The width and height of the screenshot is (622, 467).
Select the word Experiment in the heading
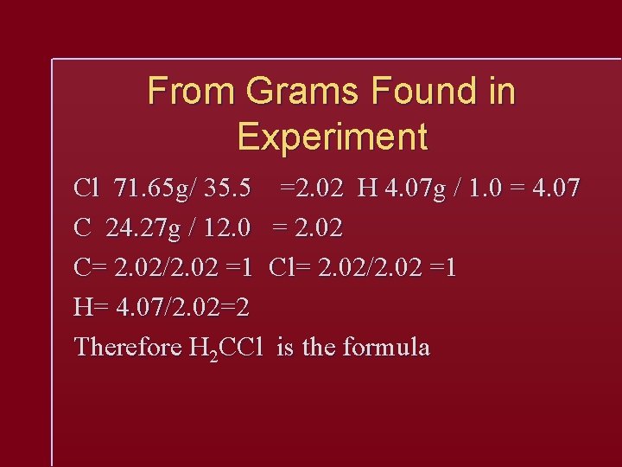332,137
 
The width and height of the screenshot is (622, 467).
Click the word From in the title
191,92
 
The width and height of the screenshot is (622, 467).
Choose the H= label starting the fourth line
90,308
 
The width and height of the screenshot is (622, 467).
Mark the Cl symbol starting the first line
87,188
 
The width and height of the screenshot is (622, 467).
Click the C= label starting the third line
90,268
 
